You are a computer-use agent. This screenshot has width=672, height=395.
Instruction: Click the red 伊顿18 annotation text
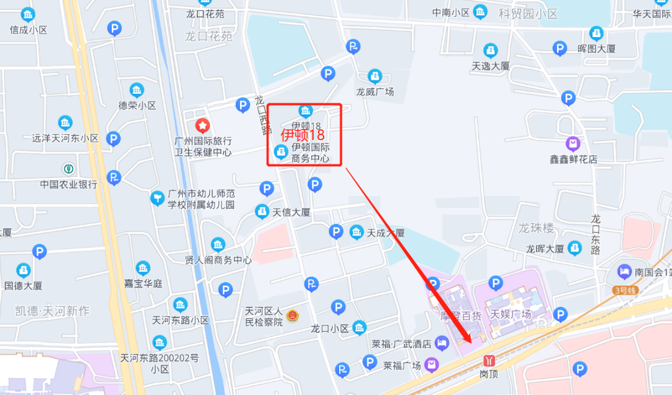point(303,135)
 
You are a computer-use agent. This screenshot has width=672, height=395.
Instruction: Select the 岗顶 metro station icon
point(489,360)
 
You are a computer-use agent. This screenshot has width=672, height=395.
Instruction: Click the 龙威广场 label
point(375,92)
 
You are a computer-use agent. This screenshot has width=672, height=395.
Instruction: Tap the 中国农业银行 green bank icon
point(68,169)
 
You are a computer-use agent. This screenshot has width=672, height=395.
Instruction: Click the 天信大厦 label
point(291,212)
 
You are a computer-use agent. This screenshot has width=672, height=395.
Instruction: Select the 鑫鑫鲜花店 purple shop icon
point(573,144)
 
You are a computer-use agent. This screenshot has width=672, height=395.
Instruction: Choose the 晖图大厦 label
point(596,49)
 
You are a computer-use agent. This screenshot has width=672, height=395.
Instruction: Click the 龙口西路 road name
point(263,115)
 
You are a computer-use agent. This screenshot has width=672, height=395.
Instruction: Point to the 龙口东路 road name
point(595,235)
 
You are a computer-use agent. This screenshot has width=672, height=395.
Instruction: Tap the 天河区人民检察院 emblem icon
point(292,316)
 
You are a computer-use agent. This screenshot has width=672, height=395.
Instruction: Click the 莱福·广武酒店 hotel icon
point(442,343)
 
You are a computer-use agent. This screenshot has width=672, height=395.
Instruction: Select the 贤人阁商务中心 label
point(218,260)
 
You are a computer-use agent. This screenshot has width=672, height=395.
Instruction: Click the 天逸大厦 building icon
point(491,50)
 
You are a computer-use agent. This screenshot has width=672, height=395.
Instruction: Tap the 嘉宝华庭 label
point(143,284)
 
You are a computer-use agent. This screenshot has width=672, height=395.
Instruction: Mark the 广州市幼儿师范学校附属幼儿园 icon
point(158,198)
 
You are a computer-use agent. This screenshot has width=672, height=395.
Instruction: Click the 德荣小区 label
point(138,106)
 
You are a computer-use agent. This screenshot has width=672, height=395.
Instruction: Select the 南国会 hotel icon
point(624,271)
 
